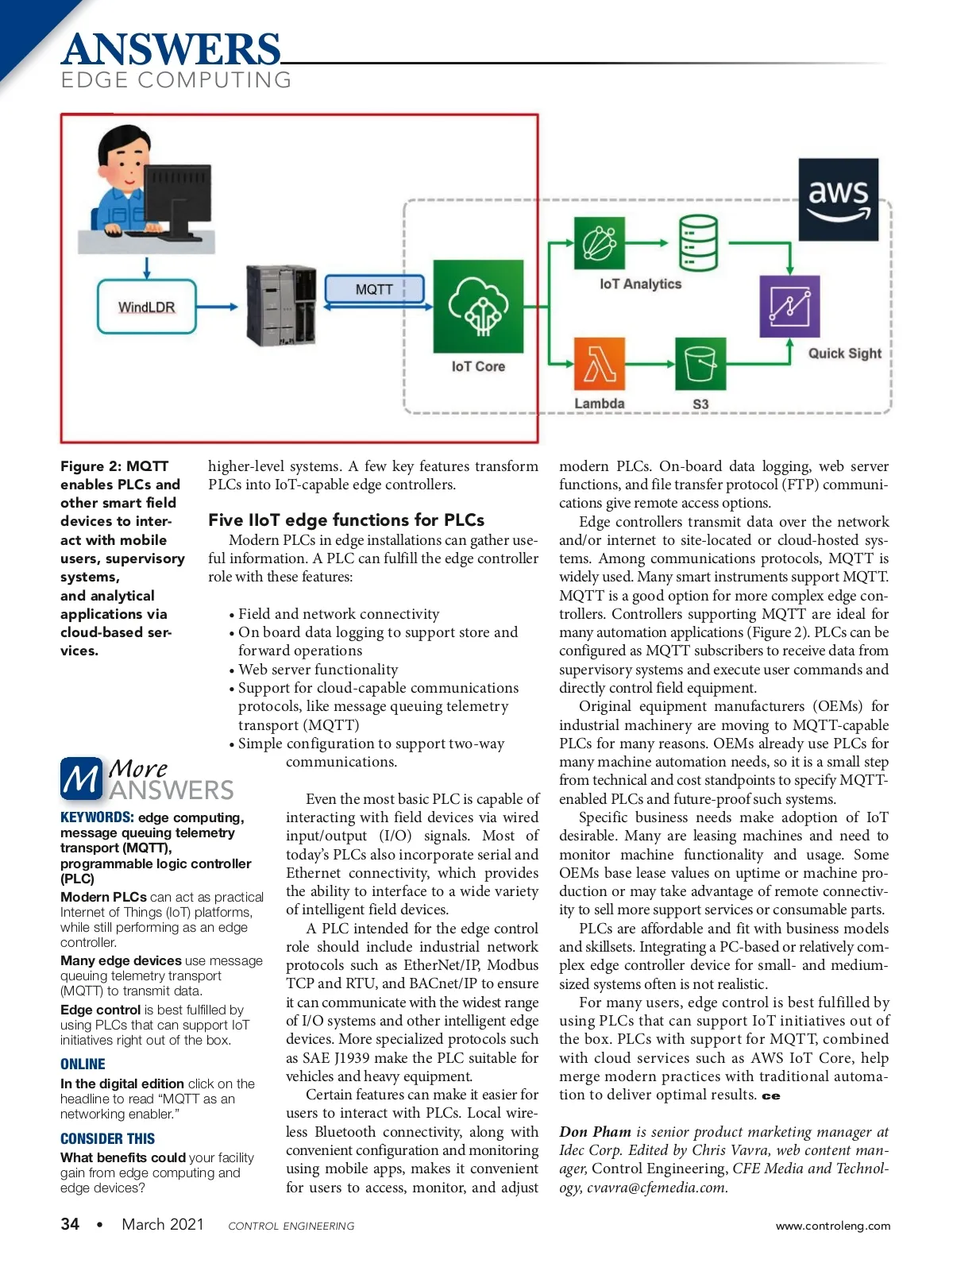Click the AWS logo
[838, 199]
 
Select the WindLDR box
[147, 307]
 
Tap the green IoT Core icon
[478, 307]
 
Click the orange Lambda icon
[599, 364]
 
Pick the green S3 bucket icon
[700, 364]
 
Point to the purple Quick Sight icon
[789, 306]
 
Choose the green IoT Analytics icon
[599, 243]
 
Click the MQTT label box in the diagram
[374, 289]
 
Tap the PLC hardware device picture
[281, 306]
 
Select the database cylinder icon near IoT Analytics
[699, 243]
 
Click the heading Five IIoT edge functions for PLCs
[346, 520]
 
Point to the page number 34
[70, 1224]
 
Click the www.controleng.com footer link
[833, 1226]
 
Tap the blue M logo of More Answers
[81, 778]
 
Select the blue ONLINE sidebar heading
[83, 1064]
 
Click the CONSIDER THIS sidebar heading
[107, 1138]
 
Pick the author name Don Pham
[595, 1132]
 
